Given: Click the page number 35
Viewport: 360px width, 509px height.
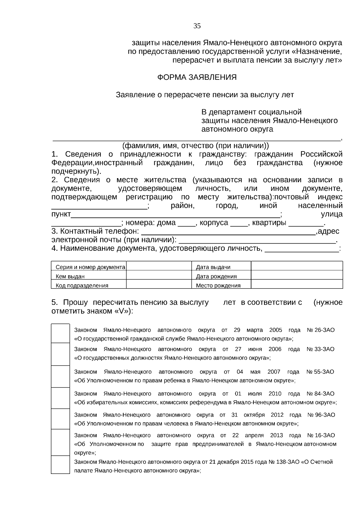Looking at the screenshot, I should click(x=197, y=26).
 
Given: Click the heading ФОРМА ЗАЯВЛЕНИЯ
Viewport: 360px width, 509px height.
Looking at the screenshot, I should click(x=197, y=77).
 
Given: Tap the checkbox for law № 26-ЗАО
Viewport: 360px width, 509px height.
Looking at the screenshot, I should click(x=60, y=334).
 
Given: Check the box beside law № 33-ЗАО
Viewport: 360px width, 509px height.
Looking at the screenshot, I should click(x=60, y=354).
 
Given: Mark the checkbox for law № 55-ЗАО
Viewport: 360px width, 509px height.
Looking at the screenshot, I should click(x=60, y=376).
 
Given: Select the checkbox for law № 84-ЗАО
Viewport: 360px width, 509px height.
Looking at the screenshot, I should click(x=60, y=398).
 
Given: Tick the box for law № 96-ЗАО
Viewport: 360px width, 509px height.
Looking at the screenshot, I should click(x=60, y=419).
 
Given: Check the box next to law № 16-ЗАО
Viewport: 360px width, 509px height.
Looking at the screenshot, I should click(x=60, y=442).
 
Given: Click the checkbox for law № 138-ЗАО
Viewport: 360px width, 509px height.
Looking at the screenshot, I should click(x=60, y=465).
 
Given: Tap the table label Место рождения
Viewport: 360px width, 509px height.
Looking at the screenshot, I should click(x=218, y=286).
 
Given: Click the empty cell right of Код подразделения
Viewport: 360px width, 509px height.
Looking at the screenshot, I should click(x=159, y=284).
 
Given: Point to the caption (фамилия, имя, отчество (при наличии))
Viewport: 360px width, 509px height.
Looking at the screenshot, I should click(x=196, y=146).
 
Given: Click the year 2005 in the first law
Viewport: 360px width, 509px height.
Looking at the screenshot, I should click(x=276, y=330).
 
